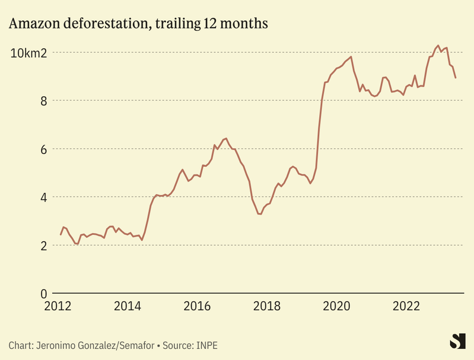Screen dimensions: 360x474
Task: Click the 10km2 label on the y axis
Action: point(28,53)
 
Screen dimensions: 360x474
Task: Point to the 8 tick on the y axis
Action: point(43,101)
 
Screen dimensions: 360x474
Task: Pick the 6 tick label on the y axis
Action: point(43,149)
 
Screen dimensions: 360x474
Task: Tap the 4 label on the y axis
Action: point(43,197)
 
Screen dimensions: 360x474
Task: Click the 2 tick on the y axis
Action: point(43,246)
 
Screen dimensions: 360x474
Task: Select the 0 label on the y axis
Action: point(43,294)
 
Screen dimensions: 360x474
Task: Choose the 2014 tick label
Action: point(128,307)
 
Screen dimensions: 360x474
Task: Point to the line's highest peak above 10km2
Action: point(438,45)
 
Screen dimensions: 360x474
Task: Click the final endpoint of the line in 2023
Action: point(456,78)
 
